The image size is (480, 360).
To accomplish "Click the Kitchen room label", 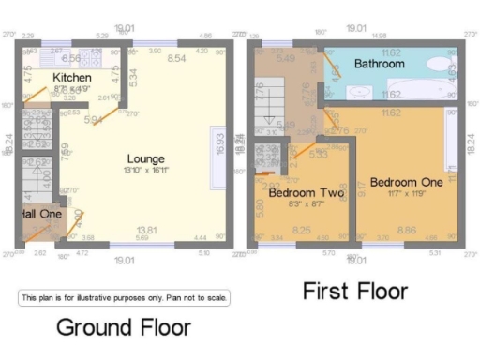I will pos(71,77).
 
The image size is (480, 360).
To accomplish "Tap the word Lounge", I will pos(147,159).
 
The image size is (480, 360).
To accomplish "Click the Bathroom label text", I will pos(380,65).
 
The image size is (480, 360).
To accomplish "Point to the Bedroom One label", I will pos(405,181).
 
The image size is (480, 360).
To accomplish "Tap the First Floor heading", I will pos(355,292).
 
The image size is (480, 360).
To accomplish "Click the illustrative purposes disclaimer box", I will pos(124,297).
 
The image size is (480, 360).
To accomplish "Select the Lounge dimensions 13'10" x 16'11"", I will pos(147,171).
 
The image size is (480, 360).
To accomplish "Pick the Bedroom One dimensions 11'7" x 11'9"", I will pos(405,192).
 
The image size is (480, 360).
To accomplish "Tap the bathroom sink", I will pos(358,92).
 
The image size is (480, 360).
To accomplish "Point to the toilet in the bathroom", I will pos(333,68).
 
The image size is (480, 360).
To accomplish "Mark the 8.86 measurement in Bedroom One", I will pos(406,230).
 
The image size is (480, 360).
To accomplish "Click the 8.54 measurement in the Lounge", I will pos(173,58).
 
